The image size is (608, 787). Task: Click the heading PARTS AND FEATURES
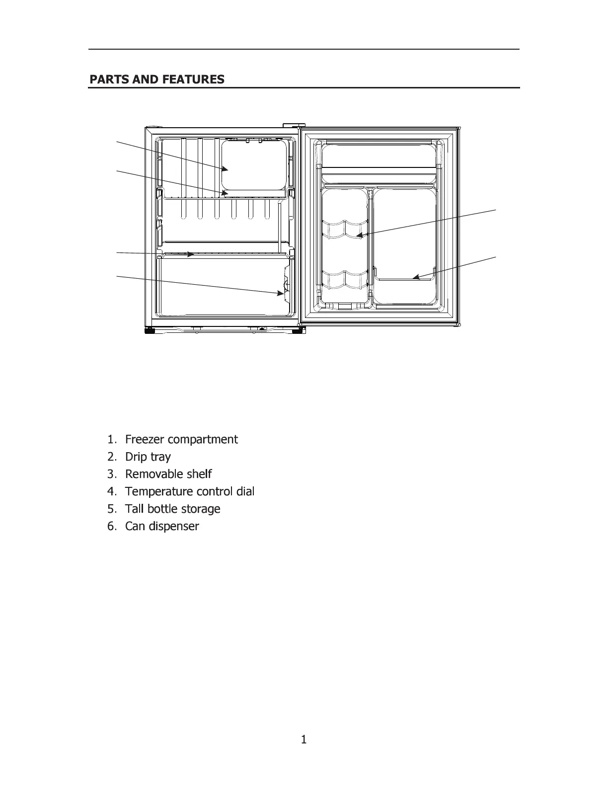(x=157, y=79)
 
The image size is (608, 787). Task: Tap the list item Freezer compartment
(x=181, y=440)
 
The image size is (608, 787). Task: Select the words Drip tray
(x=148, y=457)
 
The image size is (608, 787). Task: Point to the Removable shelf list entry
(x=168, y=474)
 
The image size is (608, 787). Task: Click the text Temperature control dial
(x=190, y=492)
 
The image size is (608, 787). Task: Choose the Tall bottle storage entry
(x=172, y=509)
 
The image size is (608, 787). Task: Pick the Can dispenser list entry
(x=162, y=527)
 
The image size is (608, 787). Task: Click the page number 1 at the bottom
(x=304, y=740)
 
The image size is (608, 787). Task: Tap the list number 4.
(x=111, y=492)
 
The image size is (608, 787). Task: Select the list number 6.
(x=111, y=527)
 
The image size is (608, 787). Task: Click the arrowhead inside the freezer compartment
(x=226, y=169)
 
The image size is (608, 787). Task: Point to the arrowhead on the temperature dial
(x=281, y=294)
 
